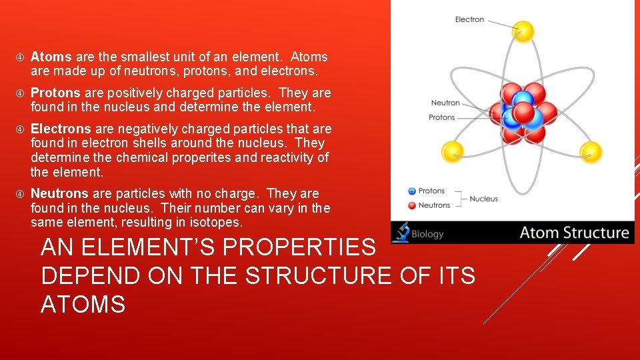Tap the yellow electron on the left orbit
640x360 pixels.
[453, 151]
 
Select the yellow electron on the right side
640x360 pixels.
[590, 152]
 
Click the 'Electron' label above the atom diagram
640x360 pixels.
[469, 19]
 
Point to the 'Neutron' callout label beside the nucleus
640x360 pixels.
[445, 103]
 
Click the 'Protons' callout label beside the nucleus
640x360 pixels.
[441, 117]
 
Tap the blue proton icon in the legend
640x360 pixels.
[411, 191]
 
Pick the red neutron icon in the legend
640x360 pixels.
[411, 205]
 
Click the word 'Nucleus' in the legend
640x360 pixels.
[483, 199]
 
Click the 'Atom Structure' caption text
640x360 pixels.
[574, 233]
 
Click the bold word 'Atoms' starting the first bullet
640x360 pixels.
[51, 57]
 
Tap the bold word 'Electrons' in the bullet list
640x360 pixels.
[61, 129]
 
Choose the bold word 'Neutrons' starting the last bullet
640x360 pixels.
[59, 193]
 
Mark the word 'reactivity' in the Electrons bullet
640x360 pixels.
[289, 157]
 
